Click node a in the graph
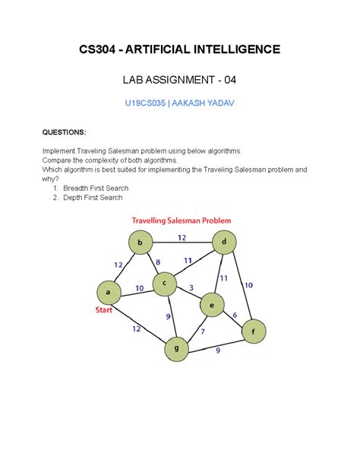pos(109,292)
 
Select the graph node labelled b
pos(140,243)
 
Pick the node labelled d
pos(223,243)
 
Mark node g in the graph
pos(176,350)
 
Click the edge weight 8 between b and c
pos(158,262)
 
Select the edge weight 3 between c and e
pos(191,287)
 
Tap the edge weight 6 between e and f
pos(235,315)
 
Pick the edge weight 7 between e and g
pos(203,331)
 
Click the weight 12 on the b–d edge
pos(182,237)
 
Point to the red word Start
pos(105,310)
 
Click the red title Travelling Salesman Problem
pos(182,220)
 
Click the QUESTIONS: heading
pos(64,132)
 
